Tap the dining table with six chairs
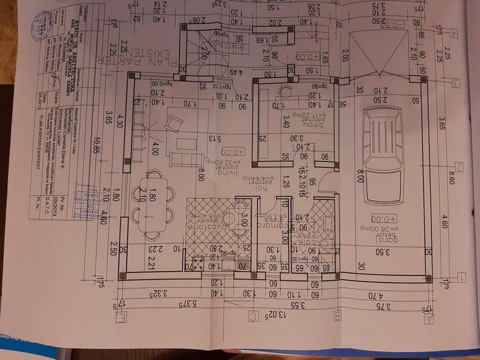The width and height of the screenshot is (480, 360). coord(153,196)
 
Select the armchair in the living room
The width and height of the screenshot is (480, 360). coord(173,122)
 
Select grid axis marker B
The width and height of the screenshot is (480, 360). coord(337,315)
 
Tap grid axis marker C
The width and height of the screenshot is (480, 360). coord(253,315)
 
